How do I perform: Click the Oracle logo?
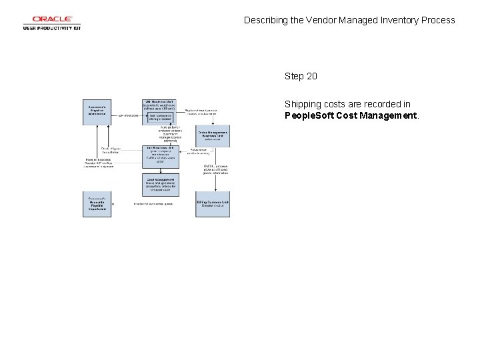click(51, 19)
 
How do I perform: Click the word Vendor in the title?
click(323, 20)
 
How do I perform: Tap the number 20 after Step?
click(311, 76)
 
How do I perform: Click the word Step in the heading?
click(294, 76)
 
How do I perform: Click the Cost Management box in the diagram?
click(160, 185)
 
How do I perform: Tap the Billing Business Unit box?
click(213, 204)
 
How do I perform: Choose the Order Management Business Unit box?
click(213, 135)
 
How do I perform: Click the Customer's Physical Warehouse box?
click(97, 109)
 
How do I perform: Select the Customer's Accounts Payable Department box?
click(97, 204)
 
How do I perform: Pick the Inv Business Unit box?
click(160, 154)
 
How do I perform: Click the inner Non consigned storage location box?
click(161, 117)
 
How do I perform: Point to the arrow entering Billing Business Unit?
click(213, 189)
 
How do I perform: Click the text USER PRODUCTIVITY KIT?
click(51, 28)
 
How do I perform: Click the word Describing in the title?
click(266, 20)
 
